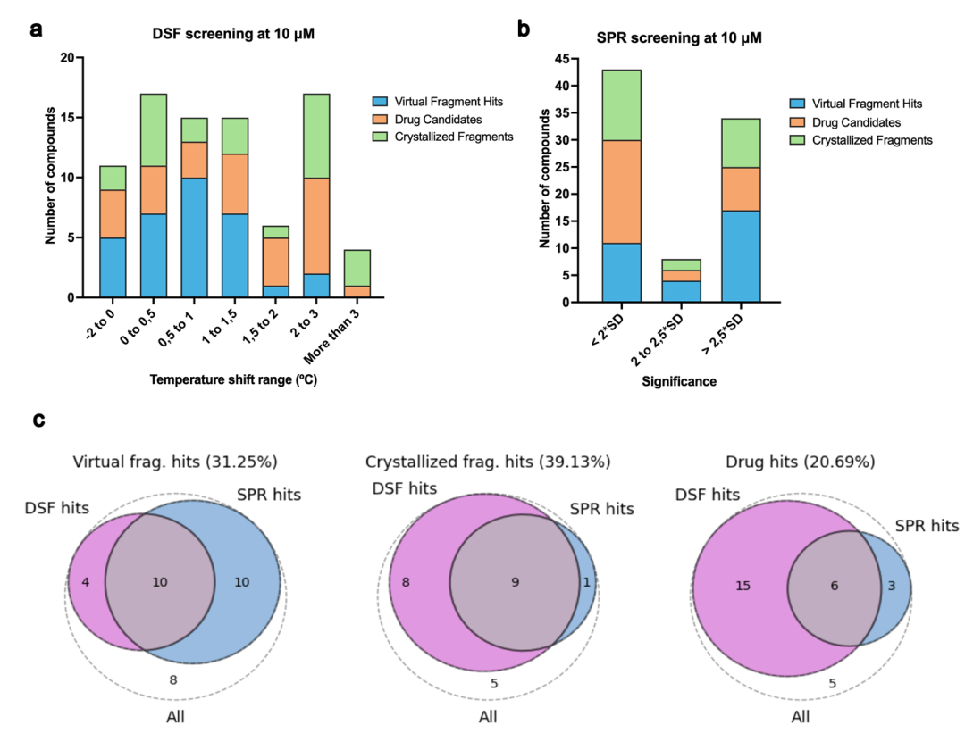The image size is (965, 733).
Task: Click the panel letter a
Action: coord(37,29)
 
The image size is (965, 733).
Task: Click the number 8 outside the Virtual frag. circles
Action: coord(174,680)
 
